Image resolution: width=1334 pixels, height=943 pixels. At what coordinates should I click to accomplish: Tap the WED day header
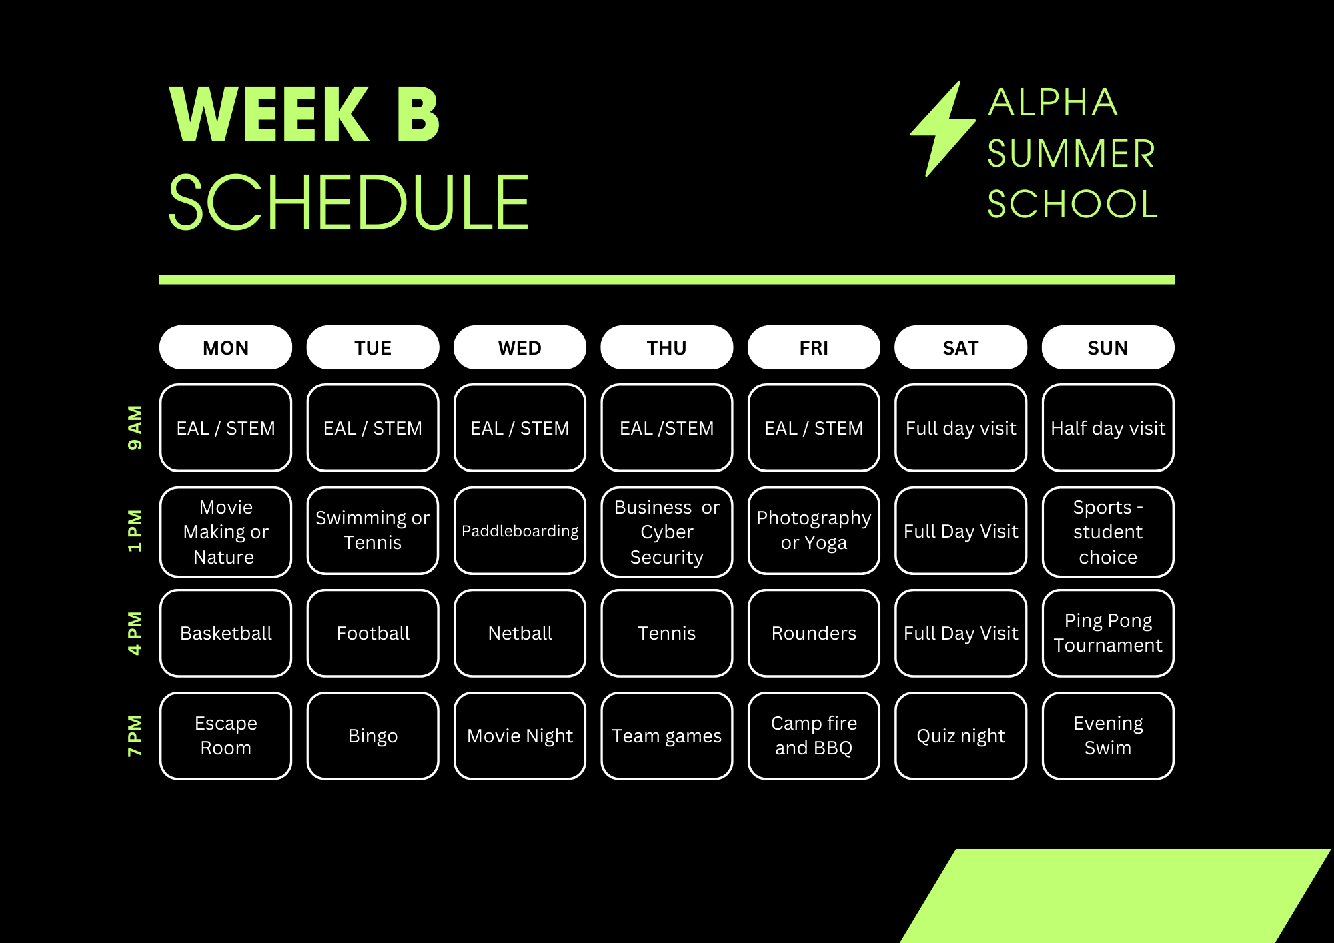520,347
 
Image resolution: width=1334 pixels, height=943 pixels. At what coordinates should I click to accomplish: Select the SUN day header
1108,347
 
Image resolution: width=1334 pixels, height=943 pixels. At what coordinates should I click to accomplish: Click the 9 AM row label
135,427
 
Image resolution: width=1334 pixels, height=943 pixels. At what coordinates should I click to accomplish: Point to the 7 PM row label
135,736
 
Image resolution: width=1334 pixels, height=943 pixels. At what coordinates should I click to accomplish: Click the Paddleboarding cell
520,531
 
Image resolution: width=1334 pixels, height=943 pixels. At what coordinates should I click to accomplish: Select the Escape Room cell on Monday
226,736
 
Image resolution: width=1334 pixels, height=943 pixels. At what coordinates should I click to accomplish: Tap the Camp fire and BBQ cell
814,736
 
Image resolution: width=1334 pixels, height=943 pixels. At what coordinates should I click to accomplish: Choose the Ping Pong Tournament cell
1108,633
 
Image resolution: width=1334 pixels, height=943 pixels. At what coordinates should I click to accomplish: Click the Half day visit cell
1108,427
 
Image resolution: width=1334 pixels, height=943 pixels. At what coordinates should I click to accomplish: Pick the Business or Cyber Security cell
667,532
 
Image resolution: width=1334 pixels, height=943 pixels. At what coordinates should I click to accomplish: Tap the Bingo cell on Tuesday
373,736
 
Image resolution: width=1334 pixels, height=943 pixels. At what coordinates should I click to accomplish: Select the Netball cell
520,633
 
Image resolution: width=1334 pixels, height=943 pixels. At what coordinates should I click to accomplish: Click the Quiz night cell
960,736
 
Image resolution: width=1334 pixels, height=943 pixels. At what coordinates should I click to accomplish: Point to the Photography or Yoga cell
814,531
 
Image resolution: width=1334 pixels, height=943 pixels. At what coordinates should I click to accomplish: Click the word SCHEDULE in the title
349,203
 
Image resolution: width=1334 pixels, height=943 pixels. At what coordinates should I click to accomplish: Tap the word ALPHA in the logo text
1053,103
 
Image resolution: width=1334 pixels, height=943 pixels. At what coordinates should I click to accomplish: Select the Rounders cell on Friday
814,633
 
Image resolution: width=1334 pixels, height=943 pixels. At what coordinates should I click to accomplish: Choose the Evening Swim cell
1108,736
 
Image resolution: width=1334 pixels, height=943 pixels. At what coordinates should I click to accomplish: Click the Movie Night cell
520,736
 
